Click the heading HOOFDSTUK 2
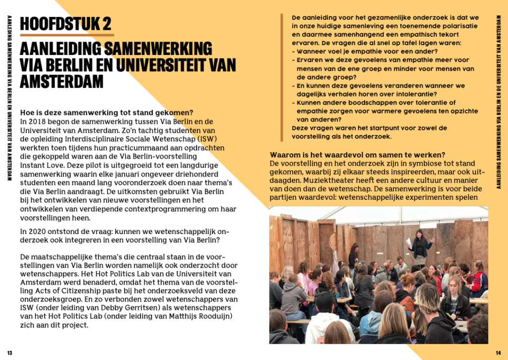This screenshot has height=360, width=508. (x=65, y=23)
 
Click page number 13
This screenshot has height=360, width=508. (x=9, y=353)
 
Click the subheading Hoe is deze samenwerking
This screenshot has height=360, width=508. (x=106, y=113)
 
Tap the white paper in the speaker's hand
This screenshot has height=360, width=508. (x=408, y=241)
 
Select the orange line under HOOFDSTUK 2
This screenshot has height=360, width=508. (x=66, y=35)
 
